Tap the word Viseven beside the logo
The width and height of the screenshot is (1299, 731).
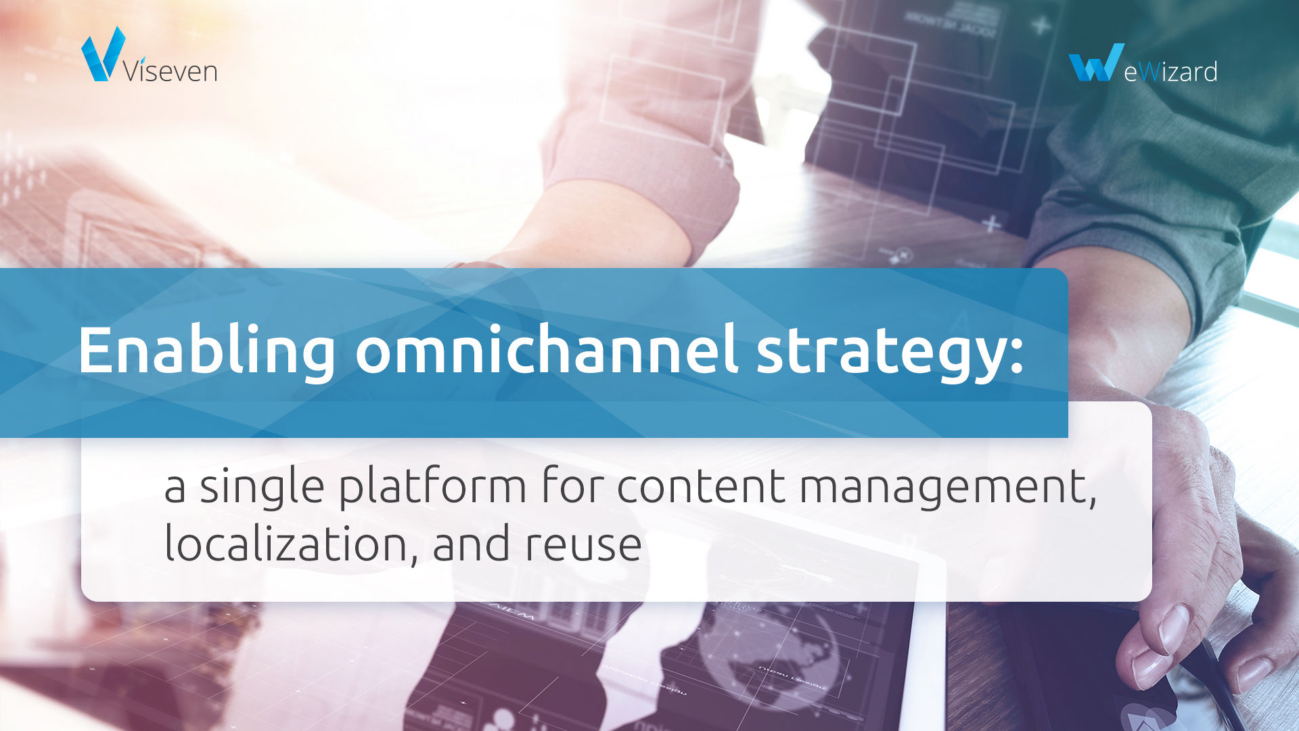(170, 70)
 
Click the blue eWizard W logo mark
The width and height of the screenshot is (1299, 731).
(1096, 62)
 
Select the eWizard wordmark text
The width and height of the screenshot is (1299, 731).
(1170, 71)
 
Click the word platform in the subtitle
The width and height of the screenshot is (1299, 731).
(432, 487)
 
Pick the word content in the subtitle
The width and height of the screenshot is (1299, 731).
(702, 487)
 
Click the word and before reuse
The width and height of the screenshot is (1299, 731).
(471, 544)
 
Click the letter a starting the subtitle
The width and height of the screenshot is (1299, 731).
(175, 488)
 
